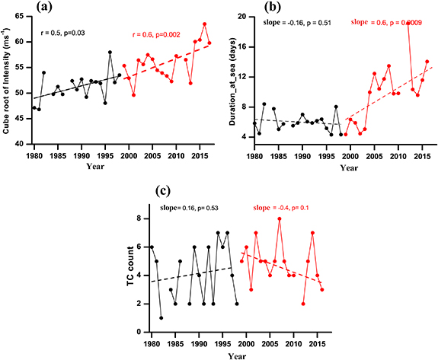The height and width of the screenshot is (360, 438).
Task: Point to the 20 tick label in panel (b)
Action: click(243, 16)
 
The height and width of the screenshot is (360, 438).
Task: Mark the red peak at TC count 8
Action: click(280, 219)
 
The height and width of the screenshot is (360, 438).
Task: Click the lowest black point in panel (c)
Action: click(161, 317)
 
